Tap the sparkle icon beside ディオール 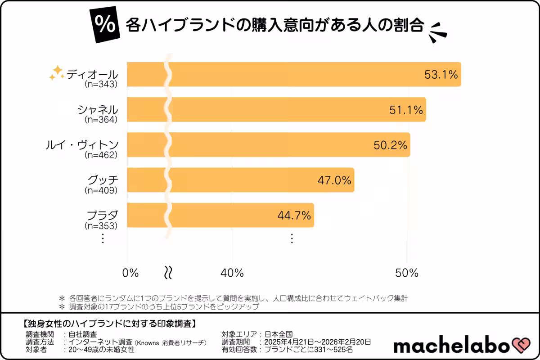point(57,73)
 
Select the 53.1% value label point(441,74)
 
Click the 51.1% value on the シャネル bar point(406,109)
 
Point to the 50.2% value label point(391,145)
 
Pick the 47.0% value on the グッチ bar point(334,180)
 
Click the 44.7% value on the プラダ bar point(294,216)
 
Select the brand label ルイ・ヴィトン point(82,144)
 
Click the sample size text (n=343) point(101,84)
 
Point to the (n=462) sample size point(101,155)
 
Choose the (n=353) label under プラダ point(101,225)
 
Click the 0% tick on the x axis point(130,273)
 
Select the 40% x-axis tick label point(232,273)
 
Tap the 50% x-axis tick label point(407,273)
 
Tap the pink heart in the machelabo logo point(522,346)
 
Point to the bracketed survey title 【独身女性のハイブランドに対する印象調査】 point(108,324)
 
